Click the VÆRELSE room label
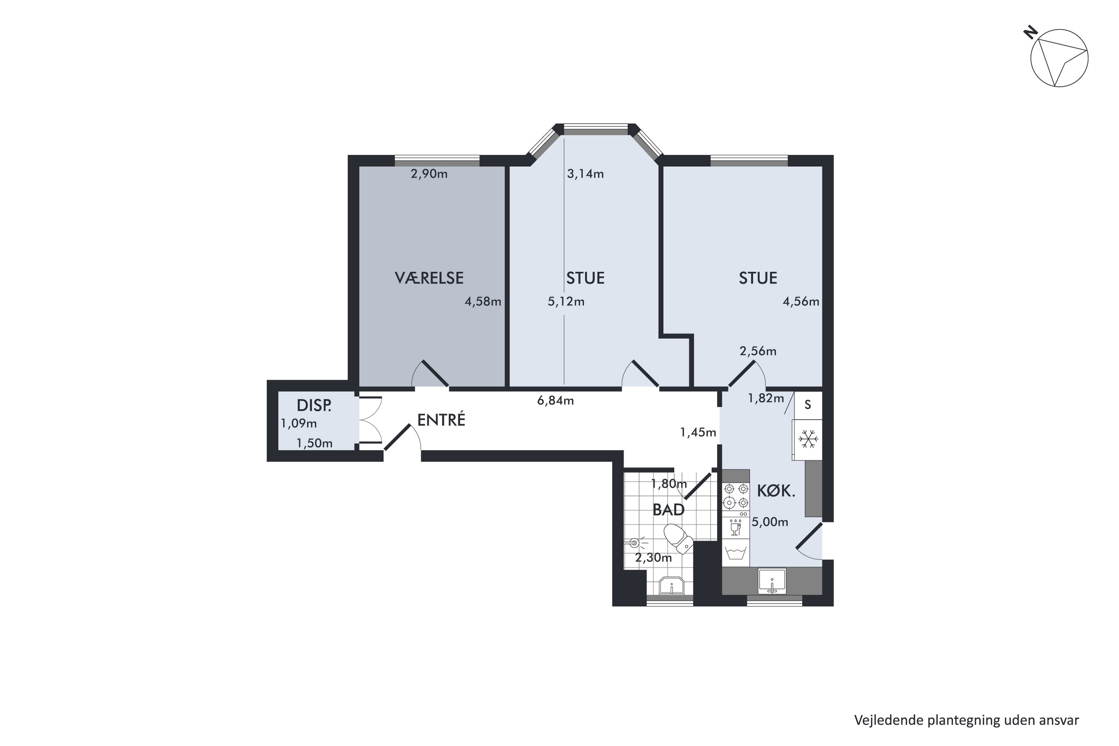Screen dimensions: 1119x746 (x=429, y=278)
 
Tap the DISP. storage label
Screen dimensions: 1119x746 (x=314, y=405)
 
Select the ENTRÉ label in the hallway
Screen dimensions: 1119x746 (x=441, y=420)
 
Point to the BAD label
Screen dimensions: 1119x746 (x=668, y=510)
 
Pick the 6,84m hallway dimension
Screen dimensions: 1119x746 (x=555, y=401)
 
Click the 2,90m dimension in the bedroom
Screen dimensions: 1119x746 (x=429, y=174)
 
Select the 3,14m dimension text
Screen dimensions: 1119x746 (x=585, y=174)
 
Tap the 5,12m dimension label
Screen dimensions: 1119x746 (x=566, y=302)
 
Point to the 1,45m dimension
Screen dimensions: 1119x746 (x=698, y=432)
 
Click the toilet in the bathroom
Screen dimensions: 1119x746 (x=678, y=539)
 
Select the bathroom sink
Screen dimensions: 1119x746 (x=671, y=586)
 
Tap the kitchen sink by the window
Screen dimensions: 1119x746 (x=772, y=582)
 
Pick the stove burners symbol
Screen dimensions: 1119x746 (x=736, y=496)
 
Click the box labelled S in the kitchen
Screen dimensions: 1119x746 (x=808, y=405)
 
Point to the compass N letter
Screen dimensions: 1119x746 (x=1031, y=33)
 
